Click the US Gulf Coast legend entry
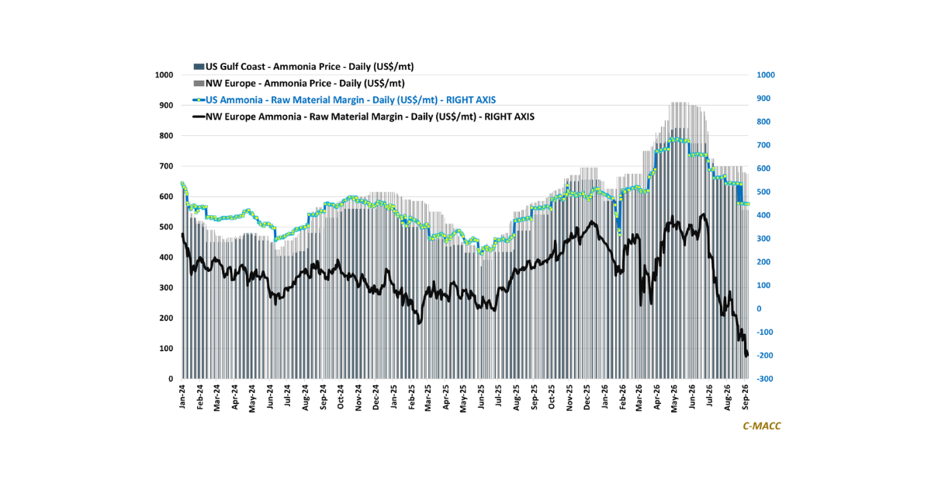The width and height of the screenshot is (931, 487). [x=303, y=67]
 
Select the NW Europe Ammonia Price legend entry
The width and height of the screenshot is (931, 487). [x=299, y=83]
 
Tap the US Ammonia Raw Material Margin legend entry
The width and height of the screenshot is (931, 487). [x=344, y=100]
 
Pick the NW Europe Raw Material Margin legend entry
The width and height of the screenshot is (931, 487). [x=364, y=117]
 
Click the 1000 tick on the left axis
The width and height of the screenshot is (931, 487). [x=164, y=75]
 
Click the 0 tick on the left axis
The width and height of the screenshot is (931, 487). [x=171, y=379]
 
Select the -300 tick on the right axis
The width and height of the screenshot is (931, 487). [x=765, y=379]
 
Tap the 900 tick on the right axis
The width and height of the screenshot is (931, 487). [x=763, y=98]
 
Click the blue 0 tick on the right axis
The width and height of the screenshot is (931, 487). [x=759, y=309]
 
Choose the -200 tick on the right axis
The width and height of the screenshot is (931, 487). [x=765, y=356]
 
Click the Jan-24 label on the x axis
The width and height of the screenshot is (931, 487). [x=182, y=396]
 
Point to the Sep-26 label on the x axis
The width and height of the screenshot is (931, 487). [x=746, y=397]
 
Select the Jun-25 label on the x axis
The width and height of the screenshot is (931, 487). [x=481, y=397]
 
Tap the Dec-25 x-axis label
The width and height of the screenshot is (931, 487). [x=587, y=397]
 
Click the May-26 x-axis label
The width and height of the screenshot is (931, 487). [x=674, y=398]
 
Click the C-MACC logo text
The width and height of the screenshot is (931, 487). [x=762, y=426]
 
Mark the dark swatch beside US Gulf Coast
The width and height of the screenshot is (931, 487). [x=199, y=67]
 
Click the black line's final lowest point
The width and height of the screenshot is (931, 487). [x=746, y=357]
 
